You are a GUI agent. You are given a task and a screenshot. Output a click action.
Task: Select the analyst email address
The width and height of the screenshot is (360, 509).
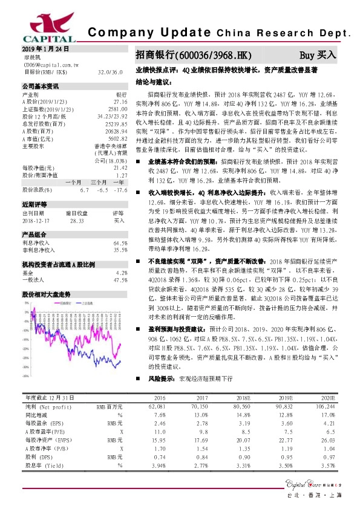point(52,63)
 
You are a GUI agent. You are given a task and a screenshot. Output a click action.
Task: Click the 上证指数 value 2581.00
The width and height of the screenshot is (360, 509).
point(117,109)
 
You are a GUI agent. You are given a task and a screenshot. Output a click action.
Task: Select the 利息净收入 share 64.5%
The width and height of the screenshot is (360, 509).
point(120,225)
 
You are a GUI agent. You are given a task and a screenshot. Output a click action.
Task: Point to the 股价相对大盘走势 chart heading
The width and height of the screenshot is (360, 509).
point(47,294)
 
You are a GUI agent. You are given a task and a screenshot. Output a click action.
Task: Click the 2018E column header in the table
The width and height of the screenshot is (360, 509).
point(243,398)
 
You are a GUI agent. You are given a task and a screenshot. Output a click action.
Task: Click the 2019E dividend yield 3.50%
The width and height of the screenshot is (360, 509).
point(284,465)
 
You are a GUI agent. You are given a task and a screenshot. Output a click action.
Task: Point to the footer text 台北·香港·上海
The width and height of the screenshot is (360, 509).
point(315,496)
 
